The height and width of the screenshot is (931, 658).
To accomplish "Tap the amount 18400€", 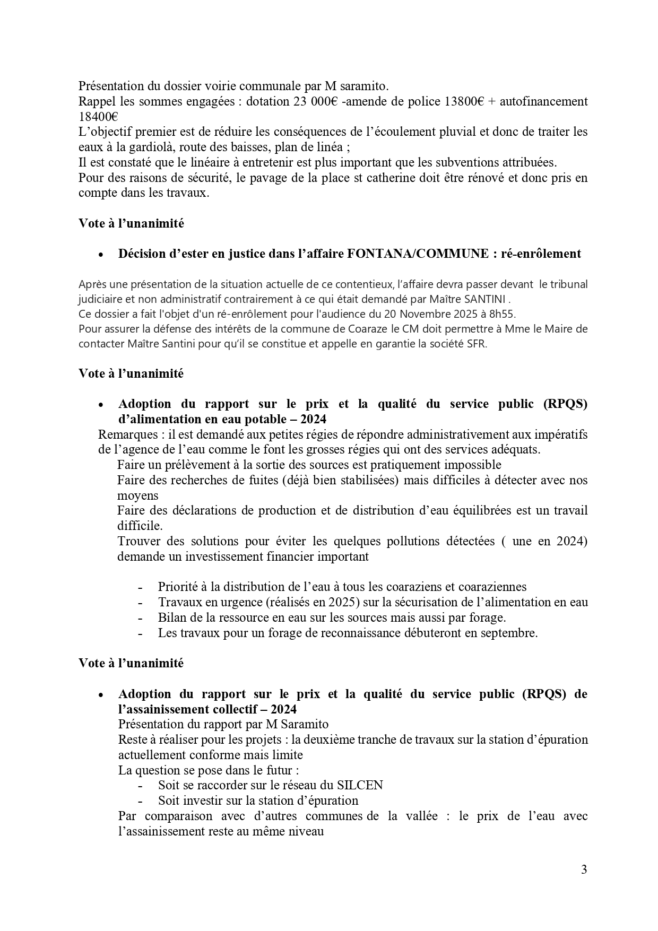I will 98,117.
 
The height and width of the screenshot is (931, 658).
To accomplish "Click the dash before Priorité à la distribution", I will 140,587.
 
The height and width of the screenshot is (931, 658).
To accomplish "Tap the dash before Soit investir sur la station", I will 140,801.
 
